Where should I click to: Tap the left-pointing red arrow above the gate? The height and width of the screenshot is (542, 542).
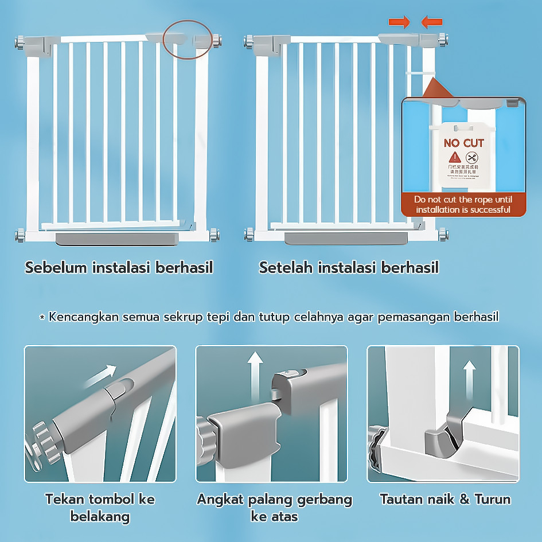tap(431, 22)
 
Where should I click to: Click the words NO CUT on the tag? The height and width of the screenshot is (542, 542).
tap(464, 143)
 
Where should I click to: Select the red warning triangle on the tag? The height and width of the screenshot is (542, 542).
tap(454, 157)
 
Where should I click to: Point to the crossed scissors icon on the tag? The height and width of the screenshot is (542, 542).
tap(472, 158)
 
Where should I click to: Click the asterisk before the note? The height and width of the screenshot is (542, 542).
tap(42, 317)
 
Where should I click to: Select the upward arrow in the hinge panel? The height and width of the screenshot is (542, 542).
tap(470, 378)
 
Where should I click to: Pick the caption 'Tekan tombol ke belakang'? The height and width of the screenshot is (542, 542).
tap(100, 508)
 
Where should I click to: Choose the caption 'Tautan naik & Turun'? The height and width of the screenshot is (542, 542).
tap(444, 499)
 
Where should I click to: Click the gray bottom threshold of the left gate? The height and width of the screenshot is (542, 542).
tap(118, 238)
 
